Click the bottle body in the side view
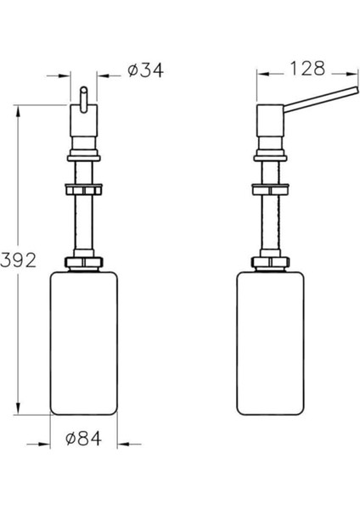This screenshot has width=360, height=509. click(x=270, y=344)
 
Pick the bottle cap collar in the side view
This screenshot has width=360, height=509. click(x=270, y=262)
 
